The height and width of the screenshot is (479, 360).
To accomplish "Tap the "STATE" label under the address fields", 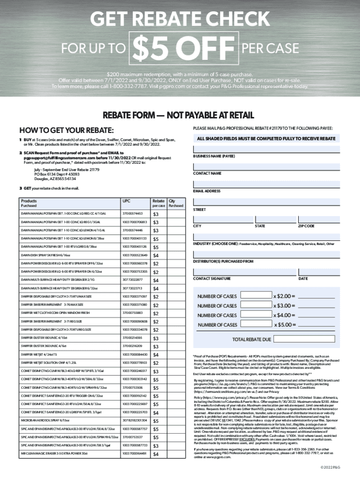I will pos(259,226).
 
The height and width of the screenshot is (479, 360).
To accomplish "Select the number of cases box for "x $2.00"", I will pos(255,296).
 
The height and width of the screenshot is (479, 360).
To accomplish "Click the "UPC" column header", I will pos(126,200).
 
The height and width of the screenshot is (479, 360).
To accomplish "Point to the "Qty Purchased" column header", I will pos(176,203).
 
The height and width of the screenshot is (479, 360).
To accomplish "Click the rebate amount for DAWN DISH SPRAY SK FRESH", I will pos(156,255).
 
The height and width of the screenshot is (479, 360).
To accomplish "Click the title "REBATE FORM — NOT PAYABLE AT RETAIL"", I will pos(180,115).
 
